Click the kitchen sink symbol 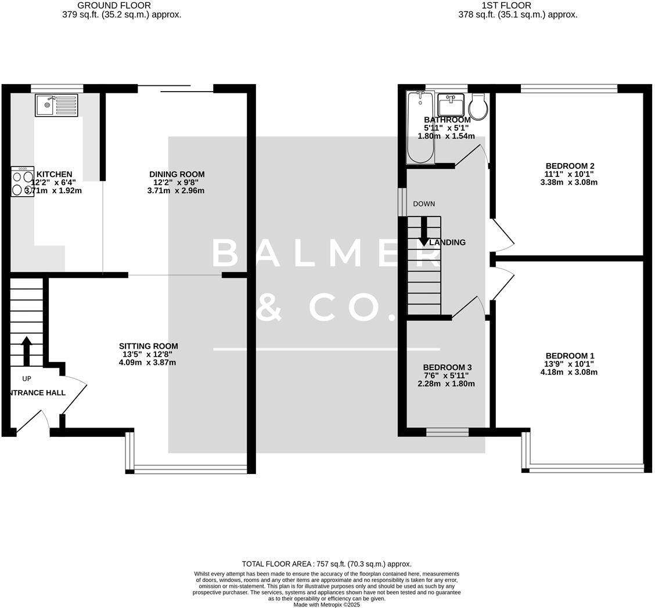coord(56,105)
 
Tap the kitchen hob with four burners coord(23,182)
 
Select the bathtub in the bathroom coord(420,128)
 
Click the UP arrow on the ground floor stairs coord(26,351)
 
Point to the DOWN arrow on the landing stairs coord(423,231)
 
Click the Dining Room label coord(177,174)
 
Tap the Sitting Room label coord(148,346)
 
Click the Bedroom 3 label coord(447,367)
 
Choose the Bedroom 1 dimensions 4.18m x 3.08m coord(568,372)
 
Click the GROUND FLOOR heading coord(114,5)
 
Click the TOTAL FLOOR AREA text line coord(326,564)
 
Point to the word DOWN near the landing coord(424,204)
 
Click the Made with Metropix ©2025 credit coord(326,605)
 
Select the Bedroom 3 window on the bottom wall coord(447,432)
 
